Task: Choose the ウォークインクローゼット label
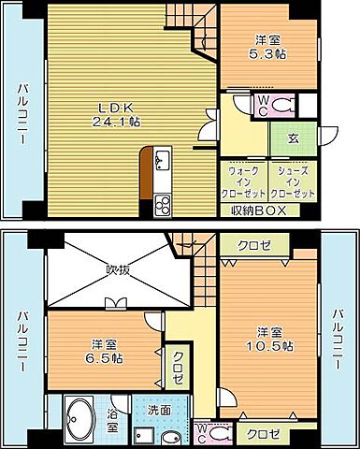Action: [245, 181]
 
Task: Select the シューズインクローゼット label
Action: [292, 181]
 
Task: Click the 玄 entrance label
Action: [292, 138]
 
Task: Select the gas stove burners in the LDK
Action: [162, 203]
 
